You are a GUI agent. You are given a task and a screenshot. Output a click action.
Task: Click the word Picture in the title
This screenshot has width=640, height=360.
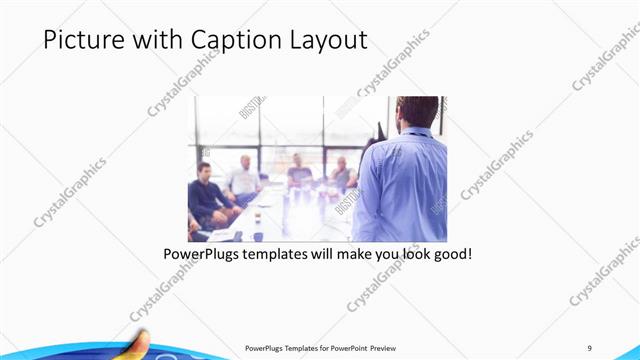[81, 40]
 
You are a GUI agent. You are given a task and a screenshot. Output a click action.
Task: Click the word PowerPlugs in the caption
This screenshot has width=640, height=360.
[204, 255]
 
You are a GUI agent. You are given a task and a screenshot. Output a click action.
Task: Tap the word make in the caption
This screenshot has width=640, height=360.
[364, 255]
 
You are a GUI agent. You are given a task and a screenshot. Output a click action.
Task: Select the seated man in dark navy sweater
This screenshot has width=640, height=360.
[207, 195]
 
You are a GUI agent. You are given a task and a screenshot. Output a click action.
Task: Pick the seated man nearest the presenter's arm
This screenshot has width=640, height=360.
[343, 175]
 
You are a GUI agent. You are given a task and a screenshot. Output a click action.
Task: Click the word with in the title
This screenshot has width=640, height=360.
[154, 40]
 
